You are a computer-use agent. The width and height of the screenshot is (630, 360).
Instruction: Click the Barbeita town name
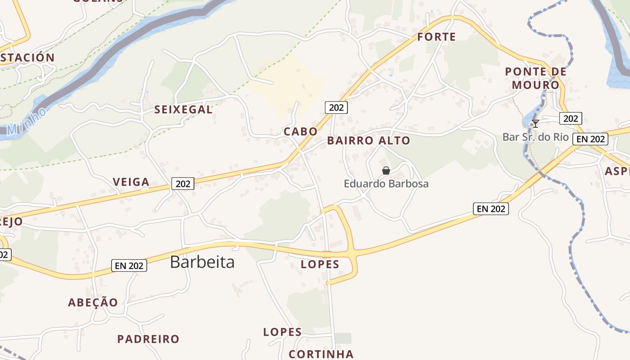pyautogui.click(x=202, y=262)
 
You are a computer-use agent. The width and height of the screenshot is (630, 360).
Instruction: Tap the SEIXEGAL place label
pyautogui.click(x=183, y=109)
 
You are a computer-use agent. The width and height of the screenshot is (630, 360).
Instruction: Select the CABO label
pyautogui.click(x=300, y=131)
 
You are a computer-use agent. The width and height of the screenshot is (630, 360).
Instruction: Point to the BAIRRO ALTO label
pyautogui.click(x=369, y=140)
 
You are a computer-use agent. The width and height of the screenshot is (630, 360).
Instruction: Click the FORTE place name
pyautogui.click(x=436, y=37)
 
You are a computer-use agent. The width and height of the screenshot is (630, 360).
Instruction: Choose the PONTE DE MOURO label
pyautogui.click(x=535, y=78)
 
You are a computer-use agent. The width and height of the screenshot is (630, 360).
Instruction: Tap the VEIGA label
pyautogui.click(x=131, y=182)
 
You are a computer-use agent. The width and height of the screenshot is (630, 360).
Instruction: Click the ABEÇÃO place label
pyautogui.click(x=93, y=302)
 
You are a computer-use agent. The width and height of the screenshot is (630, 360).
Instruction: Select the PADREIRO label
pyautogui.click(x=148, y=339)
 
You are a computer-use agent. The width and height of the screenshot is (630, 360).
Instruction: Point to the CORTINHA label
pyautogui.click(x=321, y=354)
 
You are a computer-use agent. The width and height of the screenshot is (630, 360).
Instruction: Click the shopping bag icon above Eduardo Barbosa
pyautogui.click(x=386, y=171)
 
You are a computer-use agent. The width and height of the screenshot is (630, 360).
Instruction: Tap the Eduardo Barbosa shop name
pyautogui.click(x=386, y=184)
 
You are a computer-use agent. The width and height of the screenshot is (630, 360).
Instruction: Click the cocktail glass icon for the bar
pyautogui.click(x=535, y=124)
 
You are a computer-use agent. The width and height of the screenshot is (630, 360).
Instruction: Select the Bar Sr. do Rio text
pyautogui.click(x=535, y=137)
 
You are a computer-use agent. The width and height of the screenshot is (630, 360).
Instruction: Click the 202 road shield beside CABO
pyautogui.click(x=336, y=108)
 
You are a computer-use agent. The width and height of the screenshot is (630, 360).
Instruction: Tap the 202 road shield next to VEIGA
pyautogui.click(x=183, y=184)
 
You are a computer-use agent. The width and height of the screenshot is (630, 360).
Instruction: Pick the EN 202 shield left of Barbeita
pyautogui.click(x=129, y=265)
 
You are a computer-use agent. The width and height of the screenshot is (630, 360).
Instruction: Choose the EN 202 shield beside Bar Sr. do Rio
pyautogui.click(x=590, y=139)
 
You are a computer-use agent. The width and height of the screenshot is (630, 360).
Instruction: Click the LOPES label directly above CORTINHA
pyautogui.click(x=282, y=332)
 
